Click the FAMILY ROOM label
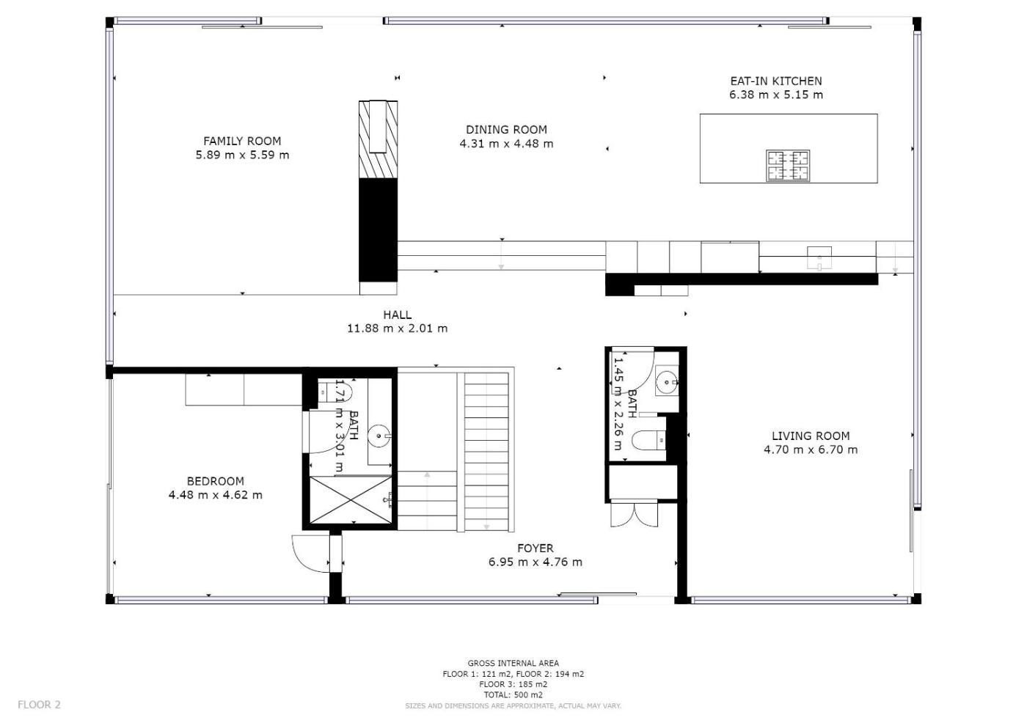tap(242, 141)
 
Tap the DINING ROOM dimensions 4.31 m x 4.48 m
tap(506, 144)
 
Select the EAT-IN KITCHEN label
tap(776, 81)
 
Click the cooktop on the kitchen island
tap(788, 166)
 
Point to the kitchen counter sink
tap(819, 257)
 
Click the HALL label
tap(397, 315)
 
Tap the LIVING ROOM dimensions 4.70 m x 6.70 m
tap(810, 450)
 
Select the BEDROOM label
tap(215, 481)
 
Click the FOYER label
tap(535, 549)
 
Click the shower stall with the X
tap(351, 499)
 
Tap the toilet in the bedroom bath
tap(335, 392)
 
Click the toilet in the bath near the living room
tap(648, 441)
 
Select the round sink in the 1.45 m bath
tap(667, 381)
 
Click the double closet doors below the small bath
tap(634, 515)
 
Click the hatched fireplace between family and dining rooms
tap(378, 139)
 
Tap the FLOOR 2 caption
tap(39, 705)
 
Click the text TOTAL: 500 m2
tap(513, 695)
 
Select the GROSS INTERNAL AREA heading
tap(513, 663)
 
